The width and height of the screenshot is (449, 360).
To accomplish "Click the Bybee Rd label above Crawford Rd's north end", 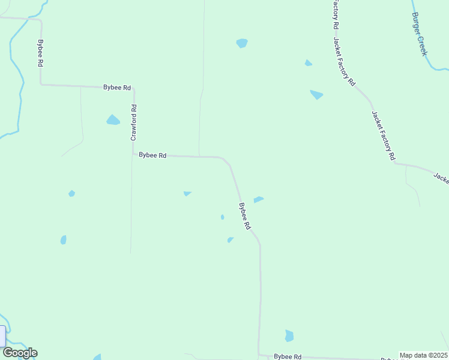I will [117, 88].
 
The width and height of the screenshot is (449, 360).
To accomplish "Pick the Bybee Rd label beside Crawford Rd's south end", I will [152, 155].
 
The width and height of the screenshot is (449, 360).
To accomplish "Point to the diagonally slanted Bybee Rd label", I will [244, 217].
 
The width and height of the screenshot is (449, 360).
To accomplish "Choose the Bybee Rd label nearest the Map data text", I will [288, 356].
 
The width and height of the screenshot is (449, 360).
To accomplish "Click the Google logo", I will [20, 353].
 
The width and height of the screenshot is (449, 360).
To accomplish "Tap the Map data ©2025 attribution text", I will [423, 355].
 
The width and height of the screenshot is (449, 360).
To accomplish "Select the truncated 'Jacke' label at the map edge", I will [441, 178].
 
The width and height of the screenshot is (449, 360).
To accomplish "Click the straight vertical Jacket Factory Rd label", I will [336, 16].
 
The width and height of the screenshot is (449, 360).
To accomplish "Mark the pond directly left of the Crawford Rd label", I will [113, 120].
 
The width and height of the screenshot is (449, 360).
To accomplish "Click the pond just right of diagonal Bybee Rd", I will [259, 199].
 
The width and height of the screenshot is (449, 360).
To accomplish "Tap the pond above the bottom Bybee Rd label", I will [289, 336].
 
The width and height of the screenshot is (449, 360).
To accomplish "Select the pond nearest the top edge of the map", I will [242, 43].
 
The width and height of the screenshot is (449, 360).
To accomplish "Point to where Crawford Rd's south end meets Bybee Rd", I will [133, 154].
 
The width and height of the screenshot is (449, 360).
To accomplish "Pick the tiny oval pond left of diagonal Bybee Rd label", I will [222, 217].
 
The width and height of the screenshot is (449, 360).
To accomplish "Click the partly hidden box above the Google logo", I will [2, 335].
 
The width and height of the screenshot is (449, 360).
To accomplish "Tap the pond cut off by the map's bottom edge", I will [97, 357].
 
